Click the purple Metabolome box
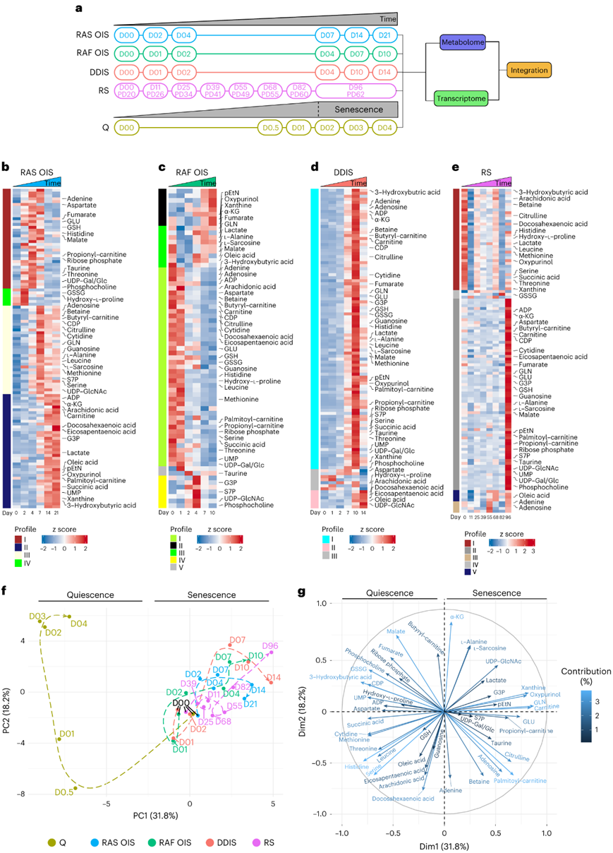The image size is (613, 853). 461,42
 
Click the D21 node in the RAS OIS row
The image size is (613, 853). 384,35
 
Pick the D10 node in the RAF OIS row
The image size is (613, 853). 384,54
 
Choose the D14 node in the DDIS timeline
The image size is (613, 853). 384,73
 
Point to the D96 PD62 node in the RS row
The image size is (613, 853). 356,91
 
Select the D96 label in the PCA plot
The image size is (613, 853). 270,645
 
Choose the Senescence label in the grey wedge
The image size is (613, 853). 358,108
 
